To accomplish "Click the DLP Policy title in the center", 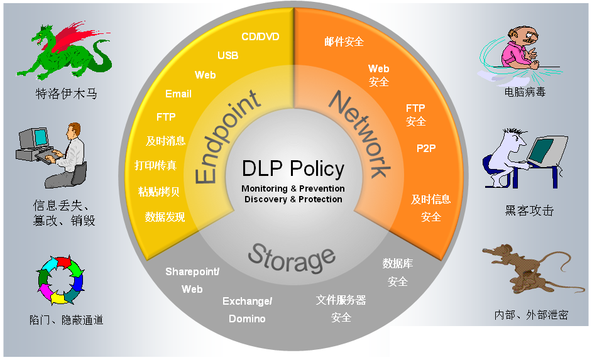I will pos(293,169).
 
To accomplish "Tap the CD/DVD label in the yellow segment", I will pos(260,36).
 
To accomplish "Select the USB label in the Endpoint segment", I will pos(228,55).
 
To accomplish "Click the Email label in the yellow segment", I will pos(178,94).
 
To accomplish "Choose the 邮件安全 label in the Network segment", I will pos(344,41).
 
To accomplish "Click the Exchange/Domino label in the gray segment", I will pos(247,310).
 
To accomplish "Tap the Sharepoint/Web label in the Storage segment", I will pos(192,280).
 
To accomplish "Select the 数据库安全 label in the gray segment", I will pos(398,273).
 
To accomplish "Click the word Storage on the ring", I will pos(291,258).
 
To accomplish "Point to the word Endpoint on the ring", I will pos(226,138).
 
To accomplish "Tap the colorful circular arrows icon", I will pos(61,279).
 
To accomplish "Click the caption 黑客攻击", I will pos(529,210).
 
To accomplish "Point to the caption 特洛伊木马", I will pos(66,94).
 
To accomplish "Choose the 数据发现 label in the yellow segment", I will pos(165,217).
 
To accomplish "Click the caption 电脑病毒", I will pos(525,92).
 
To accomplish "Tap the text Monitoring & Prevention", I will pos(293,188).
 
